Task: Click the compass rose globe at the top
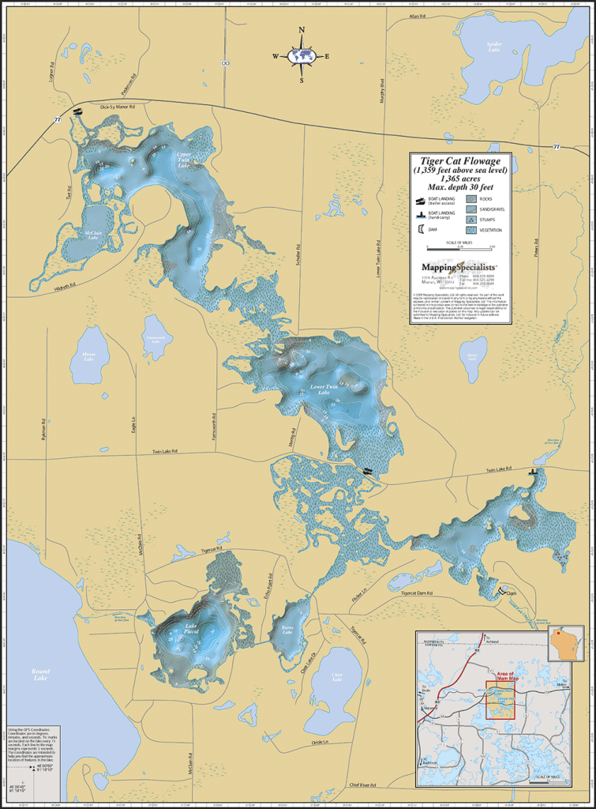click(302, 56)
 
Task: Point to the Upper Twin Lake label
click(183, 160)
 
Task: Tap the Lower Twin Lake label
click(324, 389)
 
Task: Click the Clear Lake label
click(337, 675)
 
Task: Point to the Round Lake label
click(40, 675)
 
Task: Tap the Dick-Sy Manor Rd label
click(118, 106)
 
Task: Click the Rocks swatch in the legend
click(467, 199)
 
